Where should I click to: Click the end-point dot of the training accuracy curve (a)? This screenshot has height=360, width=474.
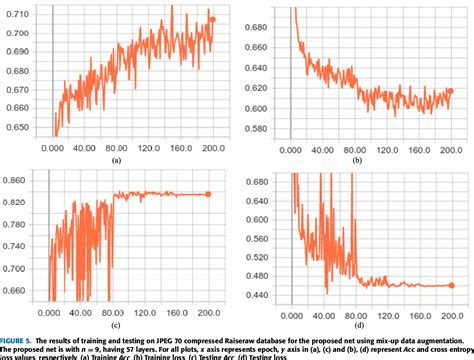[x=212, y=19]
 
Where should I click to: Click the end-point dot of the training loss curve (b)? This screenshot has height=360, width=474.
[x=450, y=91]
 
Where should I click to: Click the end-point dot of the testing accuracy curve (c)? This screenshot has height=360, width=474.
[x=208, y=195]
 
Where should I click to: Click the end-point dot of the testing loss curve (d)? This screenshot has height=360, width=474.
[x=450, y=286]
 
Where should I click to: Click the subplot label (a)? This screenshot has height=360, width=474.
[x=116, y=160]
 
